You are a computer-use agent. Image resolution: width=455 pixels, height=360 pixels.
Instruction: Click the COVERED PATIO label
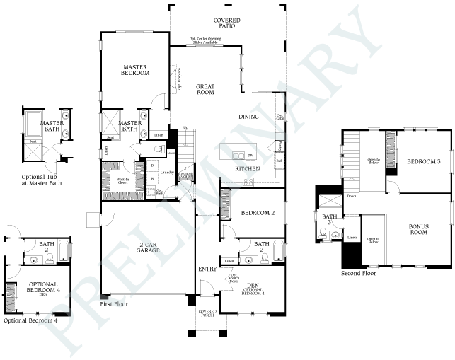(x=227, y=24)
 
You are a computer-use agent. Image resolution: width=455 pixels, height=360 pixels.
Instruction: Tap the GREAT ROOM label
(x=205, y=89)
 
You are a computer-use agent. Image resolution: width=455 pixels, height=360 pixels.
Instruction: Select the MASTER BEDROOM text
(x=134, y=69)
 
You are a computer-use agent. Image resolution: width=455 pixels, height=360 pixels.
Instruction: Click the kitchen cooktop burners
(x=249, y=182)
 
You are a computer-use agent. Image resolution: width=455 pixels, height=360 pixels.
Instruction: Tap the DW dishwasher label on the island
(x=249, y=155)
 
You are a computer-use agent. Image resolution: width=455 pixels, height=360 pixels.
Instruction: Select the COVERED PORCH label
(x=207, y=314)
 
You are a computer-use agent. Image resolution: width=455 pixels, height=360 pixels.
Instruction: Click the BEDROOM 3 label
(x=424, y=162)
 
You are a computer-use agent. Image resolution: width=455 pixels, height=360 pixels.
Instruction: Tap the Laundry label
(x=167, y=172)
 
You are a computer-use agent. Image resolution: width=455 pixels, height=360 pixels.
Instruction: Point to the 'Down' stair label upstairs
(x=352, y=196)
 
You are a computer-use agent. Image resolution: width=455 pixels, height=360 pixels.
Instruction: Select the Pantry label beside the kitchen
(x=281, y=146)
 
